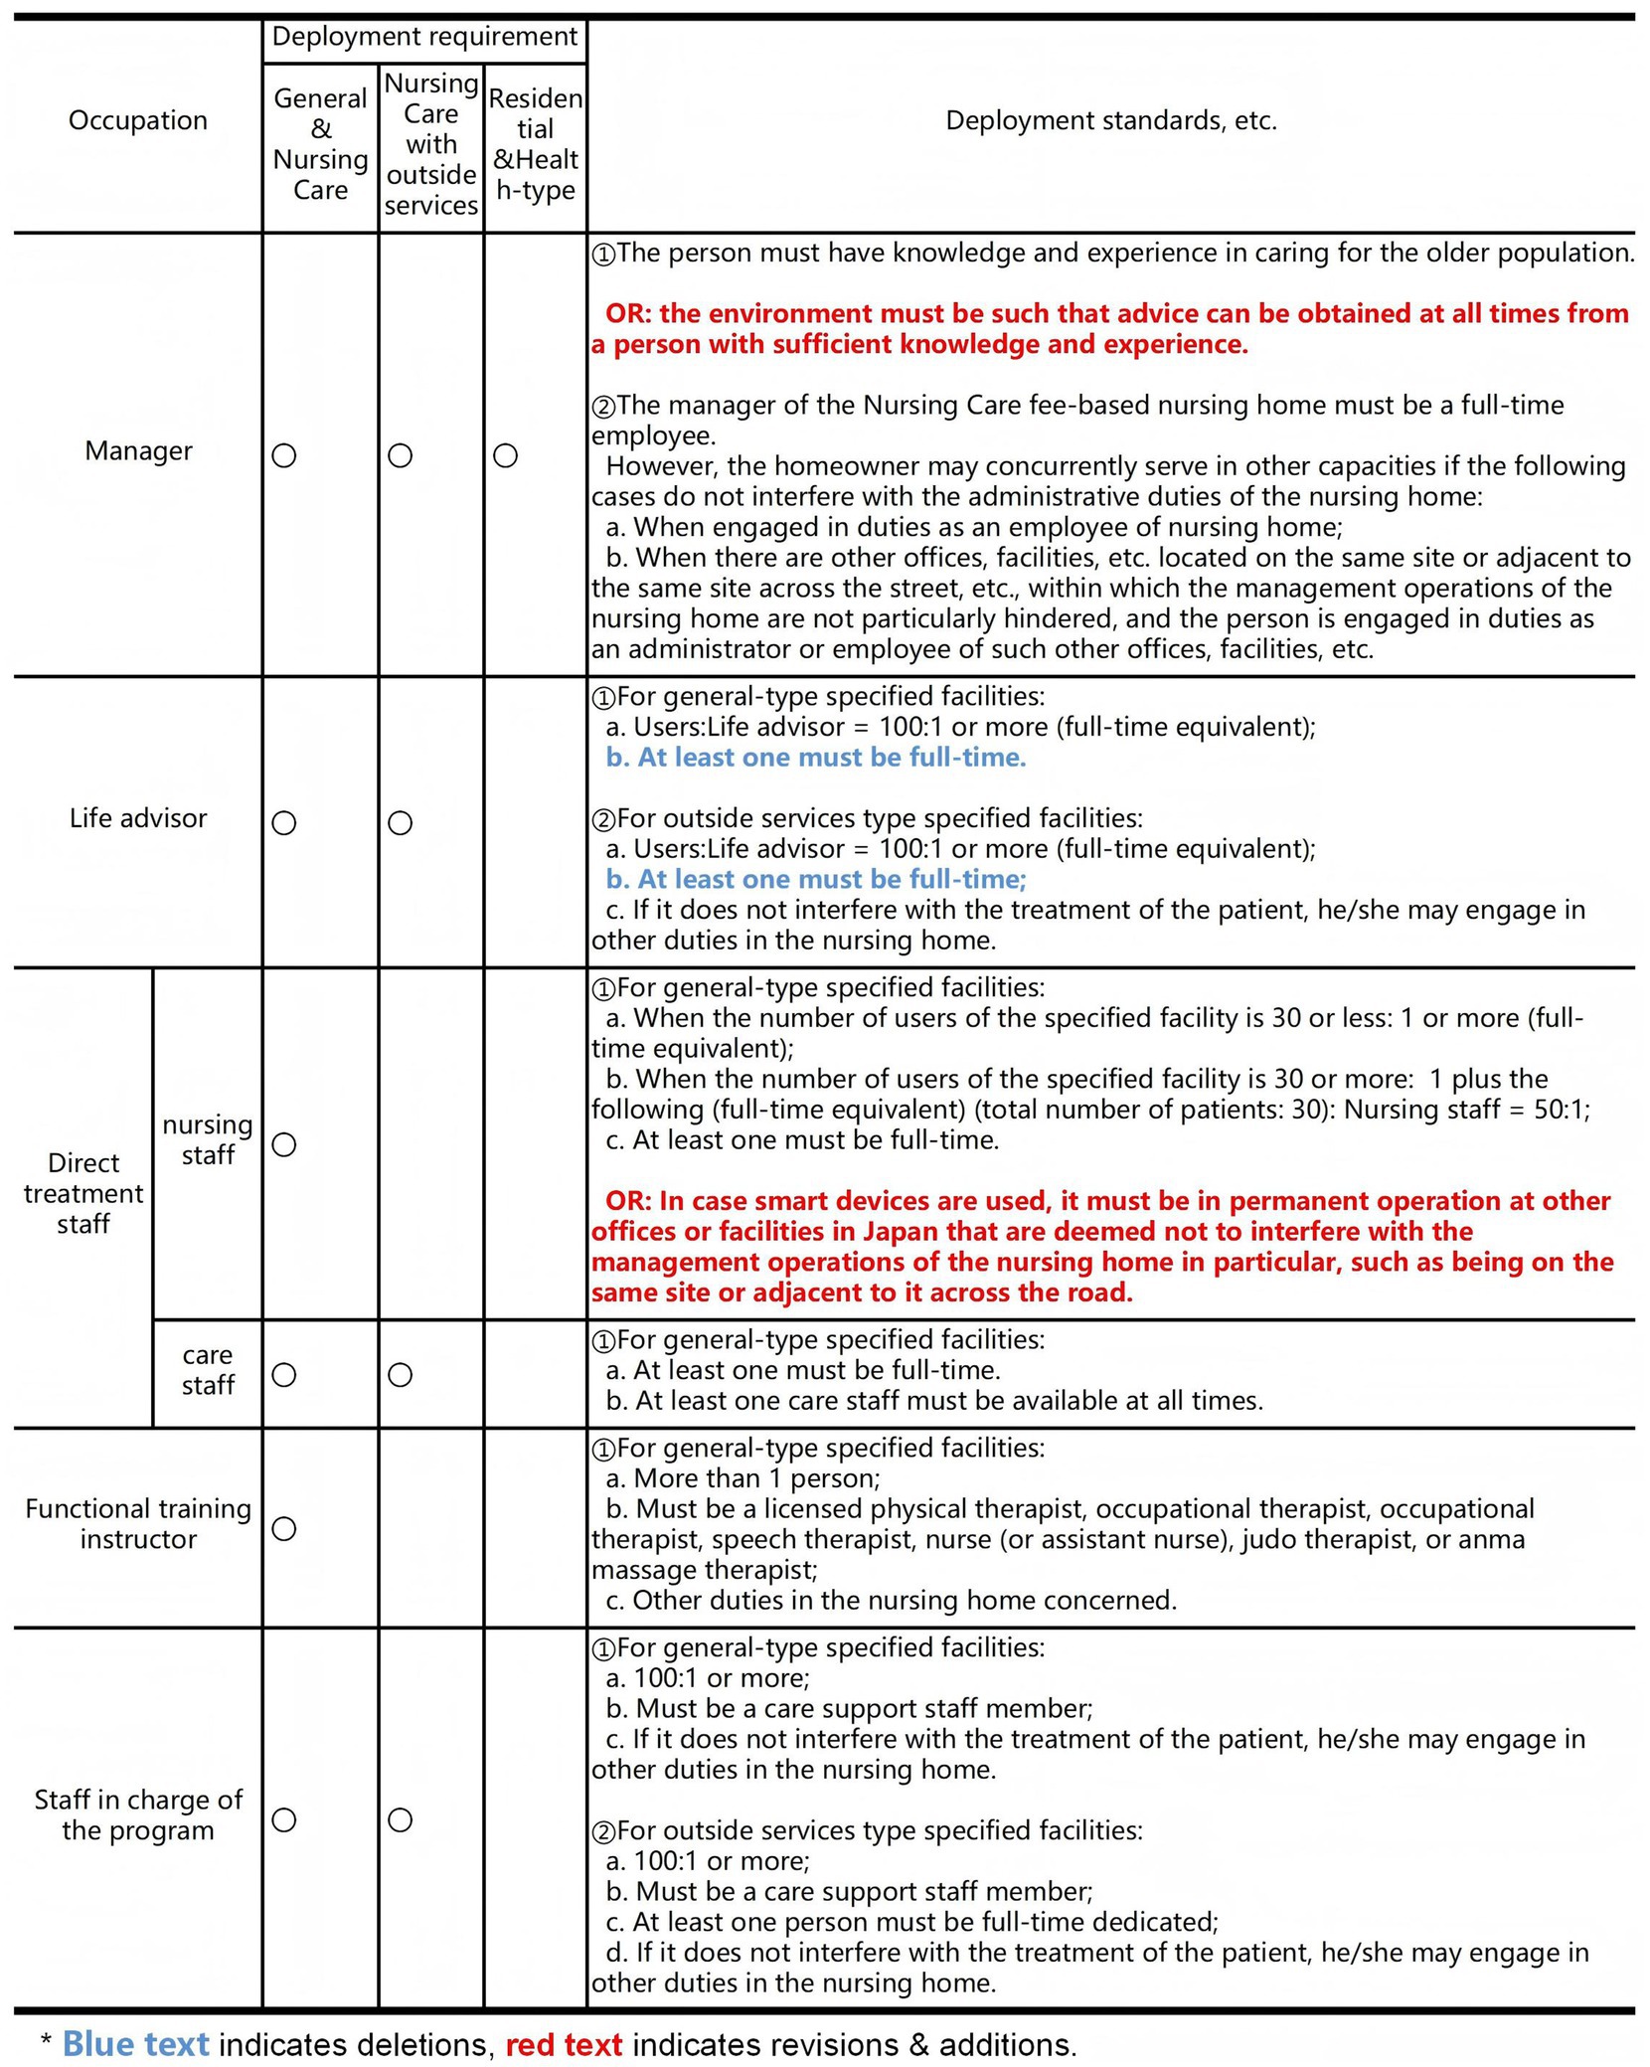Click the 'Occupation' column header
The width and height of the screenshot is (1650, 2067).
click(x=138, y=120)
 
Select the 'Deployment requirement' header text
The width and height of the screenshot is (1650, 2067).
click(x=424, y=37)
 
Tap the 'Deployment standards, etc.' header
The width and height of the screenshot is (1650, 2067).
click(x=1110, y=120)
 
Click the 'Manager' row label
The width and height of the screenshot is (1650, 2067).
click(x=138, y=450)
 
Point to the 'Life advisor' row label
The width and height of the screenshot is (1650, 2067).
click(x=138, y=818)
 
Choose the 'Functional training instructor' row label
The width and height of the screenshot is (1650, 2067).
click(x=138, y=1523)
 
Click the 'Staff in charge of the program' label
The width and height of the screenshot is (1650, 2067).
click(x=138, y=1814)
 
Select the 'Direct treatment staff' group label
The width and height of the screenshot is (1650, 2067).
click(x=83, y=1193)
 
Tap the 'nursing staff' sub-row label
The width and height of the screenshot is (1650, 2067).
click(x=208, y=1139)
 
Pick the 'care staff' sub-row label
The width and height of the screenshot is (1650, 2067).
click(x=208, y=1370)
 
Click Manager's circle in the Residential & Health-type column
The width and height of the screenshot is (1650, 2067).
click(x=505, y=455)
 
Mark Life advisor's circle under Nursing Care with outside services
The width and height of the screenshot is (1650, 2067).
click(x=400, y=823)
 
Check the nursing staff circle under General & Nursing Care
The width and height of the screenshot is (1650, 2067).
click(x=284, y=1144)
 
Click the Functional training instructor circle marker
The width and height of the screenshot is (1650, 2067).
click(x=284, y=1528)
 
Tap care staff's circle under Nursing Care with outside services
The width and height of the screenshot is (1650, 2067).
click(x=400, y=1375)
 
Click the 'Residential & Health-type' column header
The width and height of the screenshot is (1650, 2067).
click(x=535, y=144)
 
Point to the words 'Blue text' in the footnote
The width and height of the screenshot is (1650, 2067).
click(x=135, y=2044)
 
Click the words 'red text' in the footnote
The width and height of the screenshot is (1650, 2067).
click(x=564, y=2044)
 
